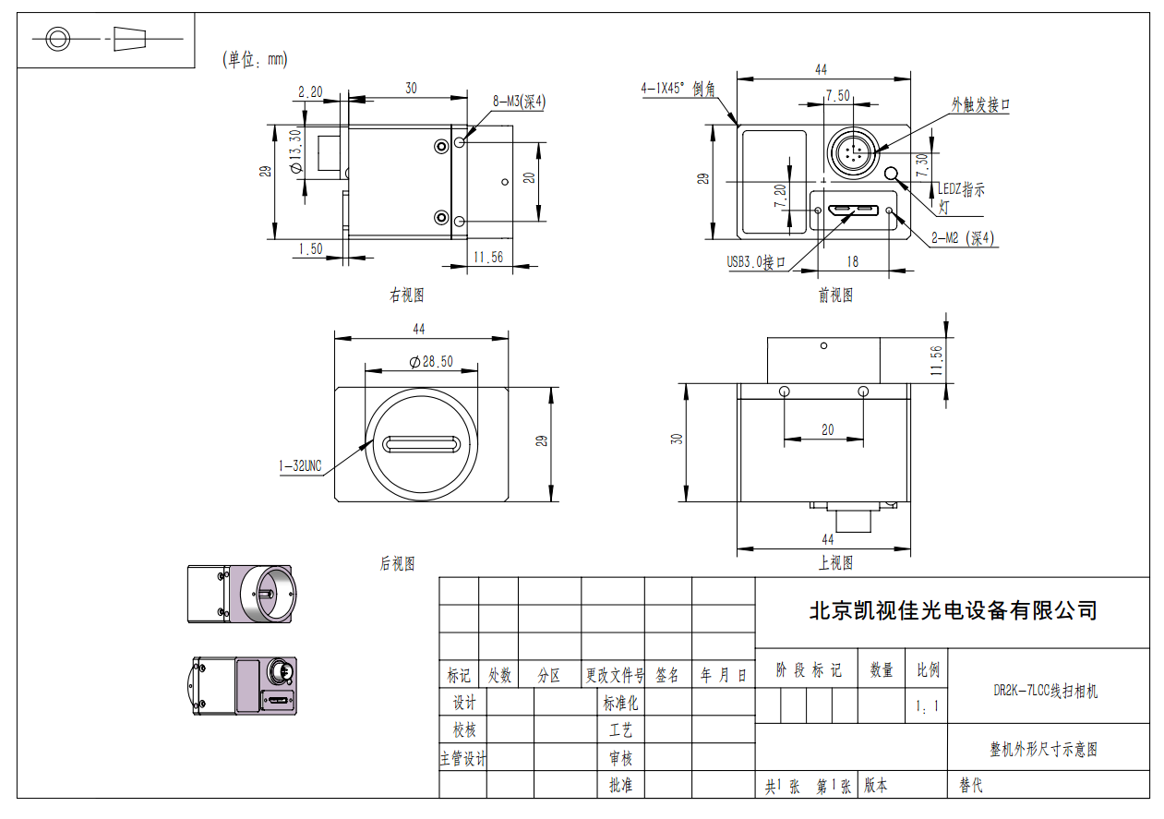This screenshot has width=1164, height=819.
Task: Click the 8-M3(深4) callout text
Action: (519, 102)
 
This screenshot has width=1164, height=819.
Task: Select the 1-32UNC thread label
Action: (300, 465)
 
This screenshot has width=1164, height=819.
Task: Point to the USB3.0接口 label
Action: (756, 262)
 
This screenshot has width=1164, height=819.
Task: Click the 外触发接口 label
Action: (980, 105)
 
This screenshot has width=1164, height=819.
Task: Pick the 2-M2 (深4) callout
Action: (963, 238)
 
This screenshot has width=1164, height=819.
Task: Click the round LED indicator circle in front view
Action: (891, 174)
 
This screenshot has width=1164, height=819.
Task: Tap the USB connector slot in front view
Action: (854, 211)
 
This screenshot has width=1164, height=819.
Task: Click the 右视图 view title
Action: (407, 295)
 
